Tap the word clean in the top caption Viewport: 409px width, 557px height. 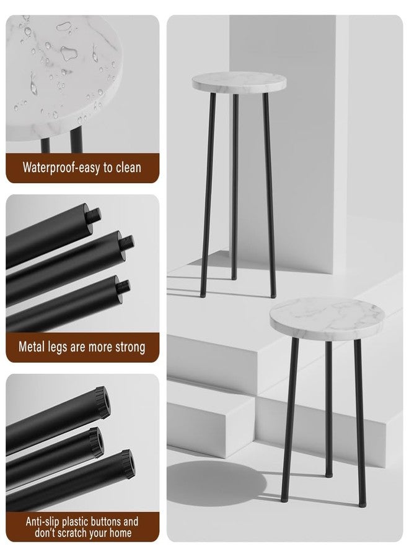[x=128, y=167]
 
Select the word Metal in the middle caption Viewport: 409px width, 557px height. [x=32, y=347]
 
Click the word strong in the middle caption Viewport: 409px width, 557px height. [x=130, y=347]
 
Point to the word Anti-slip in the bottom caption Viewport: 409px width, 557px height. [x=42, y=522]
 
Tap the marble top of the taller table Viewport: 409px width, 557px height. [x=239, y=82]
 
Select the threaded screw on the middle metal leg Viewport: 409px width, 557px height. [x=126, y=243]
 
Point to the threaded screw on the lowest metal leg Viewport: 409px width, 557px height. [x=123, y=287]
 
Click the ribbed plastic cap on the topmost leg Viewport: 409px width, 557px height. [x=103, y=402]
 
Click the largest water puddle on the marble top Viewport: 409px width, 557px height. [x=69, y=53]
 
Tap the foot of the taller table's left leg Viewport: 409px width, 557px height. [x=203, y=295]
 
